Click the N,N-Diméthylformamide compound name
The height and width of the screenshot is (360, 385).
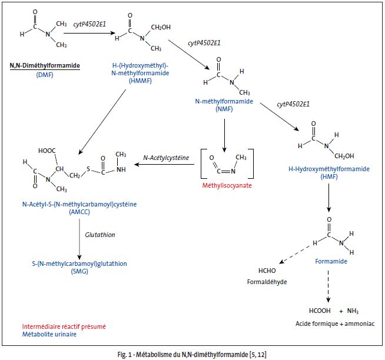pos(44,65)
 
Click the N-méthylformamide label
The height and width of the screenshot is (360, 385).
pos(224,101)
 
